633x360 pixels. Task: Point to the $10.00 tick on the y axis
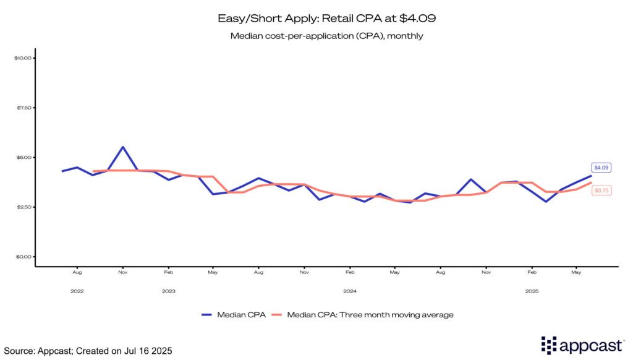point(23,58)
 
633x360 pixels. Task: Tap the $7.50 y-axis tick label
point(23,108)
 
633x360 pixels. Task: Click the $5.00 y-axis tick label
point(23,157)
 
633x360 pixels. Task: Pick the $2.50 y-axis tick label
point(23,207)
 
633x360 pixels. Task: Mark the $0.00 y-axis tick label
point(23,257)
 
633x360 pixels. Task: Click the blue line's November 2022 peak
point(123,147)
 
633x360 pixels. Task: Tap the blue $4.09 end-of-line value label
point(601,168)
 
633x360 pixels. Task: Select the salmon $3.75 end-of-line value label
point(601,191)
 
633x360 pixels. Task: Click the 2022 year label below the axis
point(77,291)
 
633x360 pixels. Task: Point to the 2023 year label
point(168,291)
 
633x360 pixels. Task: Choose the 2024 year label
point(350,291)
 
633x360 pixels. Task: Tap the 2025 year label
point(531,291)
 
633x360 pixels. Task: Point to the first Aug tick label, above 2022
point(77,272)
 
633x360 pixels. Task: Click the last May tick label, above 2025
point(576,272)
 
